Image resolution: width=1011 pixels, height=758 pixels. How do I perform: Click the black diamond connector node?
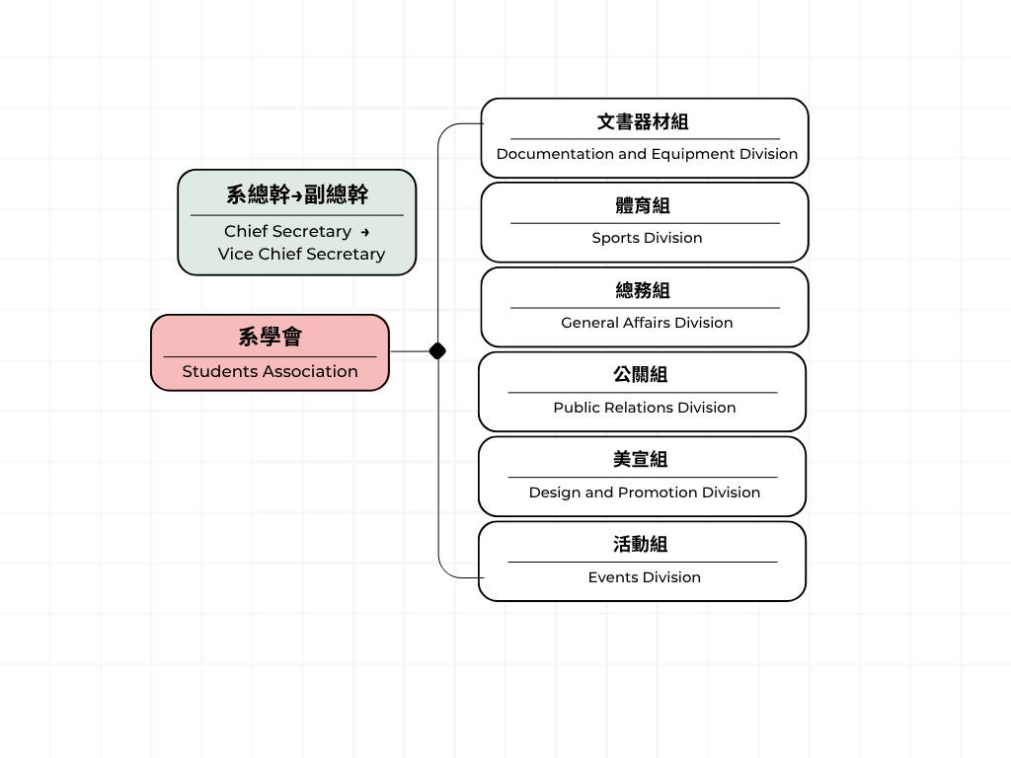(x=437, y=350)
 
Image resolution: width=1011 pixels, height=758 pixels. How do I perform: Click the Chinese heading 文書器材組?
(x=643, y=121)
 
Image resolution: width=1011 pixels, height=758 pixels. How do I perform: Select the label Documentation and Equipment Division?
(x=647, y=154)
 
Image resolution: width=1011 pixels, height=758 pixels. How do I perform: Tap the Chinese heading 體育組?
(x=643, y=205)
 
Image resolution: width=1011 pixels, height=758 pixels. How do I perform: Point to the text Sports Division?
(x=647, y=238)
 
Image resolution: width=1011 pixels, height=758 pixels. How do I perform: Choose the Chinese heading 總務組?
(x=643, y=291)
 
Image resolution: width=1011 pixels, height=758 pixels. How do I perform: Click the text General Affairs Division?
(x=647, y=323)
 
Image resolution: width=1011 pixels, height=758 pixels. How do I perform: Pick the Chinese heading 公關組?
(x=640, y=374)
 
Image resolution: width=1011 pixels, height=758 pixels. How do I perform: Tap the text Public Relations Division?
(x=644, y=408)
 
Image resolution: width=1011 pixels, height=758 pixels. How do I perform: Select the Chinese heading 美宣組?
(x=640, y=460)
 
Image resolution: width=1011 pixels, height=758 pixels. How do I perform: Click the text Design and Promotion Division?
(x=644, y=493)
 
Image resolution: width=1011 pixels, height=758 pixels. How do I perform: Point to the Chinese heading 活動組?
(x=640, y=545)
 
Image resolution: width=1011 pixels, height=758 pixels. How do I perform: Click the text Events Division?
(x=644, y=576)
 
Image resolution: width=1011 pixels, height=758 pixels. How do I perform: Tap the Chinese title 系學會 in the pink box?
(x=271, y=337)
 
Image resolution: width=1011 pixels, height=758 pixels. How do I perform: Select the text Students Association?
(x=270, y=371)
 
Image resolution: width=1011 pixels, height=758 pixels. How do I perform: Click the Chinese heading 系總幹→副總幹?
(x=297, y=194)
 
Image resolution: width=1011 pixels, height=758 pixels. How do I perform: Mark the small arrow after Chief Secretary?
(x=365, y=232)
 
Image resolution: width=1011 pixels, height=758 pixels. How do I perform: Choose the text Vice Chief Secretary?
(x=301, y=254)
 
